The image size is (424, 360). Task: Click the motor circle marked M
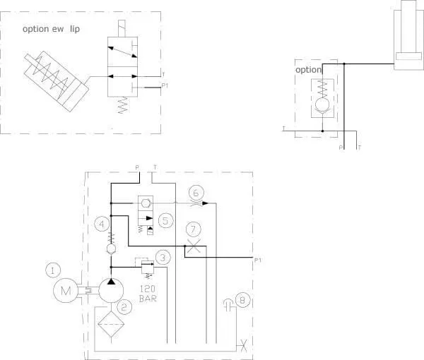pos(66,290)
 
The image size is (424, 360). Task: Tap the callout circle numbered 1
pos(53,270)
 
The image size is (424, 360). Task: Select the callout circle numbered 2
pos(124,307)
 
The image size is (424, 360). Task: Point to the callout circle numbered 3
pos(163,258)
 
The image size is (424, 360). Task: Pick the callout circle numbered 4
pos(102,224)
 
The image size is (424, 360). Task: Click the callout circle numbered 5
pos(165,221)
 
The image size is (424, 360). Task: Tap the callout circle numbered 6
pos(196,193)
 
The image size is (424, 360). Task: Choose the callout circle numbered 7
pos(194,230)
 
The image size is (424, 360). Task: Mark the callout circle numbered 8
pos(242,300)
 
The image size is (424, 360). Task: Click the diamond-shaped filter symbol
pos(111,324)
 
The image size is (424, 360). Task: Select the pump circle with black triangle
pos(111,290)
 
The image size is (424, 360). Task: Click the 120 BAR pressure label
pos(148,294)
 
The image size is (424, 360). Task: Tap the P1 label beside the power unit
pos(258,260)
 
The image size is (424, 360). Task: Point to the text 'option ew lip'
pos(51,29)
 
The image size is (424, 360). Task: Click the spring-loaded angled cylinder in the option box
pos(57,81)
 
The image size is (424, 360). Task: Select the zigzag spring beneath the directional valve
pos(123,104)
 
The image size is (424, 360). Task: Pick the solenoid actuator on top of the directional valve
pos(122,28)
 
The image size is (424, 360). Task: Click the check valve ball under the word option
pos(322,104)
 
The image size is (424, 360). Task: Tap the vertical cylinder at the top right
pos(408,35)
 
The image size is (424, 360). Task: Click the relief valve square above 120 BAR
pos(148,268)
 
